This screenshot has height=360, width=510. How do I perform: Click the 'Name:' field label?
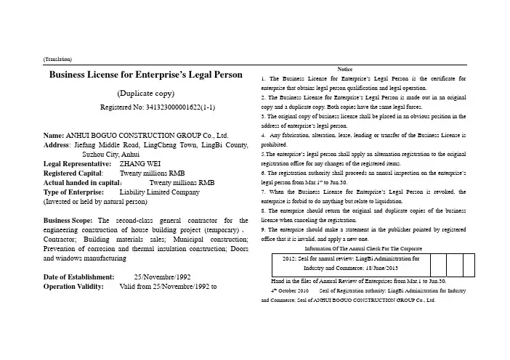click(x=54, y=136)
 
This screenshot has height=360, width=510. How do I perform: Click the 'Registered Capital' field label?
click(x=71, y=173)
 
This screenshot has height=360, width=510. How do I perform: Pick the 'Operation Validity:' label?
click(x=74, y=287)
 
